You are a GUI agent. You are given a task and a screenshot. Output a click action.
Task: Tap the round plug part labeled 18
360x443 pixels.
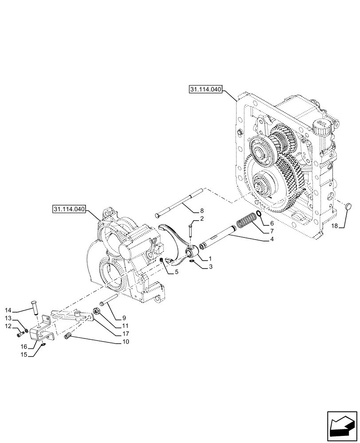click(x=348, y=206)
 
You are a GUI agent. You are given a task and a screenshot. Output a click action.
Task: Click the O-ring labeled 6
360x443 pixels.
click(x=258, y=216)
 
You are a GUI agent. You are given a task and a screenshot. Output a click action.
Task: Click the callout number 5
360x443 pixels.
click(x=176, y=272)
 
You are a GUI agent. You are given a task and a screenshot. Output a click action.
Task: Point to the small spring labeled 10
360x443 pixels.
click(x=68, y=338)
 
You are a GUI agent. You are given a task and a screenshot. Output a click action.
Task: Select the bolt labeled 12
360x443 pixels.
click(x=20, y=334)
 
